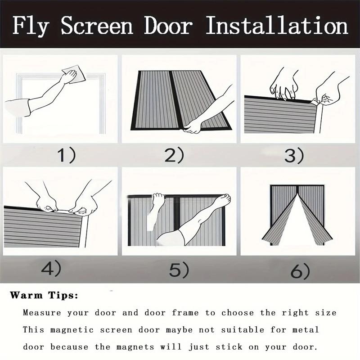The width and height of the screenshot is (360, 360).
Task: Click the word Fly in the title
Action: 32,26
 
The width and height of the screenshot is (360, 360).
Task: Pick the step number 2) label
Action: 174,156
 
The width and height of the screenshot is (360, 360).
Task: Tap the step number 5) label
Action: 180,270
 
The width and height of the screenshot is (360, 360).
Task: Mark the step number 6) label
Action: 299,271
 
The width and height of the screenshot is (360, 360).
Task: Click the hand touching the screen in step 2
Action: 193,126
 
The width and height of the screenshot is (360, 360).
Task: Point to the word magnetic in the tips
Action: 72,330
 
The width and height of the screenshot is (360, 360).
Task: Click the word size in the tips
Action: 325,313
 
